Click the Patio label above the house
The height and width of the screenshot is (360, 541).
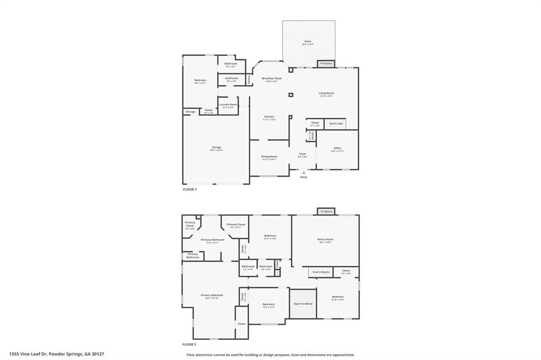pos(307,41)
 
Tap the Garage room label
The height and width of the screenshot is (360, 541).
pos(217,147)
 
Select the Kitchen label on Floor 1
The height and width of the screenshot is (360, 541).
pos(269,117)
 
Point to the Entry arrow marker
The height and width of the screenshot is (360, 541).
pos(303,172)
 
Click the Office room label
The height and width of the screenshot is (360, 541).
pos(337,148)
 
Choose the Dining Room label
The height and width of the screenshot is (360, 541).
pos(269,156)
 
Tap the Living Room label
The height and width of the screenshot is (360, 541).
pos(326,93)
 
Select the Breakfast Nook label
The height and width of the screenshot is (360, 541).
pos(272,78)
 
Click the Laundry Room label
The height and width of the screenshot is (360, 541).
pos(228,105)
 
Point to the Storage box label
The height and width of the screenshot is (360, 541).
pos(190,111)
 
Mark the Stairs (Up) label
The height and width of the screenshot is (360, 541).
pos(337,123)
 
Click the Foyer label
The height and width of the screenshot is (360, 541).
pos(303,154)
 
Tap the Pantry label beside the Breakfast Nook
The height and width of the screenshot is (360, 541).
pos(248,79)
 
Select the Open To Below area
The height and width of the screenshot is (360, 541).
pos(303,304)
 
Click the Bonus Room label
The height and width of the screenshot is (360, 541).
pos(325,239)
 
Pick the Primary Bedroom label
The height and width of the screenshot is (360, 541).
pos(211,295)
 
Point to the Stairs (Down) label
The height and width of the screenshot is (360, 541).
pos(321,272)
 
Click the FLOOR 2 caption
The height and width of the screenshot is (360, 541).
pos(190,344)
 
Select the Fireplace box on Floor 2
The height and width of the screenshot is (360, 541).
pos(326,211)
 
